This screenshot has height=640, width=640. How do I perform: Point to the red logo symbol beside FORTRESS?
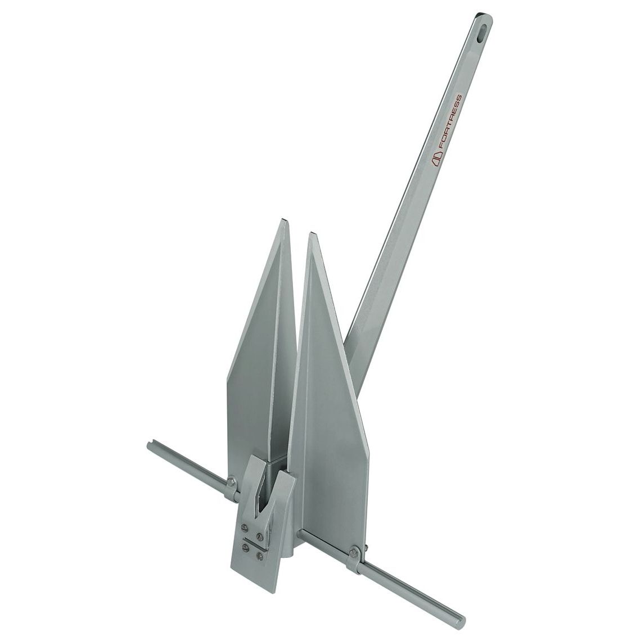click(x=437, y=160)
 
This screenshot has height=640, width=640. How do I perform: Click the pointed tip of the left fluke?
click(x=282, y=220)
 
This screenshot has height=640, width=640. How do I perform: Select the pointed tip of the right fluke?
click(x=313, y=233)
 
